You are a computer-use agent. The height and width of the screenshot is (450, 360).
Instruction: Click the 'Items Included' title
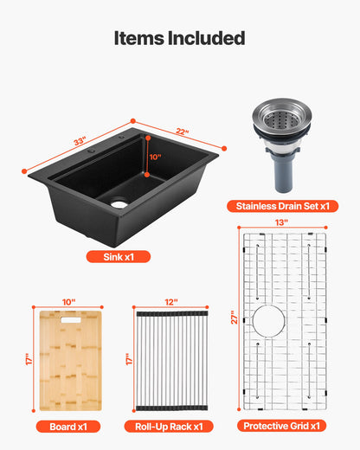tap(180, 38)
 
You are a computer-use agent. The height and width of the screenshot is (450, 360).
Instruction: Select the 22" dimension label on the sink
tap(181, 133)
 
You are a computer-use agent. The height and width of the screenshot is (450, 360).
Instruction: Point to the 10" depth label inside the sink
tap(155, 157)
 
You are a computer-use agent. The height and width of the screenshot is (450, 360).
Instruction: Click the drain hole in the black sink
tap(119, 202)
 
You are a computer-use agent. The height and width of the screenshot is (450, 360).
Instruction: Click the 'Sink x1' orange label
tap(117, 256)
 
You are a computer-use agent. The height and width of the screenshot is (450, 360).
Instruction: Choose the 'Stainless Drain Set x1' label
tap(282, 206)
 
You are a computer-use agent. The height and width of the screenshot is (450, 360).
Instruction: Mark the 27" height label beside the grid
tap(231, 318)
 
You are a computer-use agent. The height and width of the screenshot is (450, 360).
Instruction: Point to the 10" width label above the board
tap(70, 302)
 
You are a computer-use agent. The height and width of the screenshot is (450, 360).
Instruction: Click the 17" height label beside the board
tap(29, 357)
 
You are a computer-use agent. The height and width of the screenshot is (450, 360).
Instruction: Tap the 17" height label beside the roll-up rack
tap(129, 357)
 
